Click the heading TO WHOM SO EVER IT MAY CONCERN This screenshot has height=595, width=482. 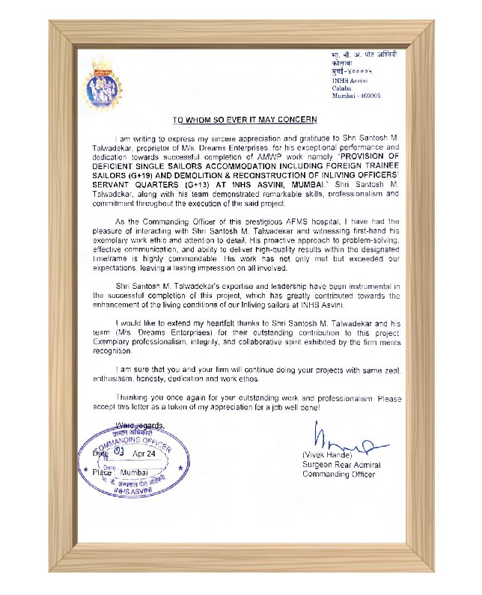tap(245, 120)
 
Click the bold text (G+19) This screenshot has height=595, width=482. tap(138, 174)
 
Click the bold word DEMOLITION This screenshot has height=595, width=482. tap(201, 174)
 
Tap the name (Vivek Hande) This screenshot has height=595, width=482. tap(327, 454)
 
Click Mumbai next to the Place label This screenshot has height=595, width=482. tap(135, 473)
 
